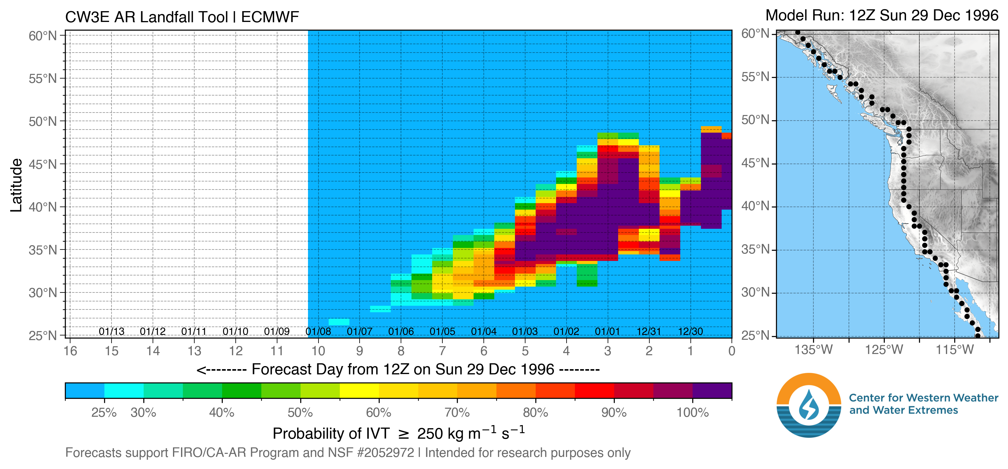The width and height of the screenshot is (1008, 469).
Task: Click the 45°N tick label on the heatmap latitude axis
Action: coord(42,164)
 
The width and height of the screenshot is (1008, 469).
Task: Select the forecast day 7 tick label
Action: coord(442,351)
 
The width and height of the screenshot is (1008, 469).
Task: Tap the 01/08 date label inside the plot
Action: coord(318,332)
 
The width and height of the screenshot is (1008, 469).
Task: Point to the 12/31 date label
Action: coord(648,332)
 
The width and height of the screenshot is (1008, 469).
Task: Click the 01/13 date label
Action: coord(112,332)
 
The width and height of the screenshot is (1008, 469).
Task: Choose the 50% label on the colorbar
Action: coord(300,413)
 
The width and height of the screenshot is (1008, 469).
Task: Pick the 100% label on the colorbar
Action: coord(693,413)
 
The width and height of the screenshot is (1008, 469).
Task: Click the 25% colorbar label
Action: coord(104,413)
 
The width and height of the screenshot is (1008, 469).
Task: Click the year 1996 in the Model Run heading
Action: coord(982,16)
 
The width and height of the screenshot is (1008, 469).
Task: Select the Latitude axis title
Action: coord(16,185)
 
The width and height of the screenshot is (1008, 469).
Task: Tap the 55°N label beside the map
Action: coord(755,77)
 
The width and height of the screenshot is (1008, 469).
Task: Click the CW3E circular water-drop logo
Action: coord(808,405)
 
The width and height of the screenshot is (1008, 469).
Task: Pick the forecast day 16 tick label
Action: coord(70,351)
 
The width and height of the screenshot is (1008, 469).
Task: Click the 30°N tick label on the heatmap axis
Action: coord(42,292)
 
